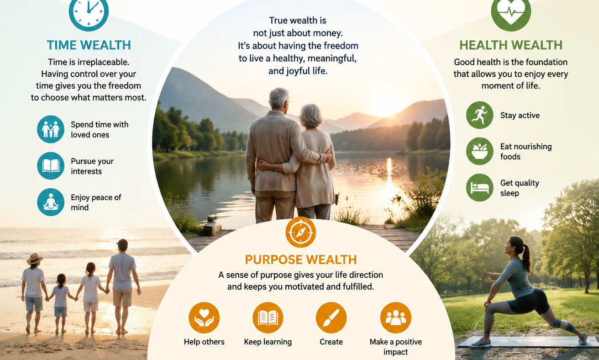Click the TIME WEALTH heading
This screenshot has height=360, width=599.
pyautogui.click(x=89, y=45)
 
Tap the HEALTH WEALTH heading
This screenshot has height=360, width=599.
pyautogui.click(x=511, y=45)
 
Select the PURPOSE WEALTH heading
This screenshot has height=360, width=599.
pyautogui.click(x=301, y=259)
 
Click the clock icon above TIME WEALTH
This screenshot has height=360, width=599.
pyautogui.click(x=89, y=11)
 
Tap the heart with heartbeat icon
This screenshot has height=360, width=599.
pyautogui.click(x=511, y=12)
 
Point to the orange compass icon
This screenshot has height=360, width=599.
pyautogui.click(x=300, y=232)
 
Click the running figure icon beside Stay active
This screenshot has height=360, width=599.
pyautogui.click(x=479, y=115)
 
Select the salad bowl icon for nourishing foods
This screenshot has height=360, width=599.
pyautogui.click(x=479, y=151)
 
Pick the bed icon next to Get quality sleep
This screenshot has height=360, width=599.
pyautogui.click(x=479, y=188)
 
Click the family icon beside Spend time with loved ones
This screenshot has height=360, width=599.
pyautogui.click(x=51, y=129)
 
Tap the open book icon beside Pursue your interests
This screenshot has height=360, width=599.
pyautogui.click(x=51, y=166)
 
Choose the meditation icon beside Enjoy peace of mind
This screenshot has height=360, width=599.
pyautogui.click(x=51, y=202)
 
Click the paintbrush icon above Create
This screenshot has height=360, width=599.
pyautogui.click(x=331, y=318)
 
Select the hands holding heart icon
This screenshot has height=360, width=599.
pyautogui.click(x=204, y=318)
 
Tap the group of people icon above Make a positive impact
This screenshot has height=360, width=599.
pyautogui.click(x=396, y=318)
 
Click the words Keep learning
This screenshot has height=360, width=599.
pyautogui.click(x=268, y=342)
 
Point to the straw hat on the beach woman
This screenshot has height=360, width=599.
pyautogui.click(x=34, y=258)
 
